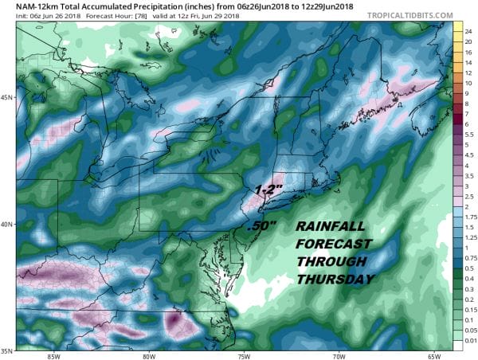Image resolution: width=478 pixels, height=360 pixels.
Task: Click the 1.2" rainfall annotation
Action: [268, 190]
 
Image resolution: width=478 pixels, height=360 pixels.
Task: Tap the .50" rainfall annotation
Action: [262, 226]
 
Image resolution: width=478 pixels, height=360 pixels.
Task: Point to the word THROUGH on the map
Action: [327, 262]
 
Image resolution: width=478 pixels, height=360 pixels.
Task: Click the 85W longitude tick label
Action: [53, 355]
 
